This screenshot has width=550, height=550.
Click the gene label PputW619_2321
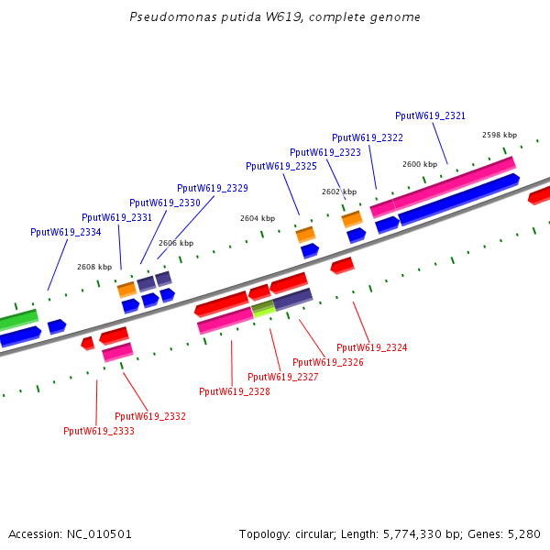click(430, 116)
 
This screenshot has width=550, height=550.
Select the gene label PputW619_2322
click(367, 137)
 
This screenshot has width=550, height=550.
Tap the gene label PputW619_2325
click(280, 167)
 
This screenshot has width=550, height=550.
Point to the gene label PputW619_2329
click(212, 188)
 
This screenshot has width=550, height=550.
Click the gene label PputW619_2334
click(65, 233)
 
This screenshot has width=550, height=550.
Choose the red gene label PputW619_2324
click(371, 348)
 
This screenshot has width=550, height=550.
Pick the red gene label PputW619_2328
click(234, 392)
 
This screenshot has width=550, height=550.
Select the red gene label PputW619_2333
click(98, 431)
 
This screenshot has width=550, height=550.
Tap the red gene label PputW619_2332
click(149, 416)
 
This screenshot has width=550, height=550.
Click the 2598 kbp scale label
click(499, 135)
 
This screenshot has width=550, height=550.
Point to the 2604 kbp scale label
click(257, 219)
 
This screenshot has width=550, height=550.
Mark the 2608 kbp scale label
click(93, 267)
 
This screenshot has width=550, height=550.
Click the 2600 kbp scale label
click(419, 164)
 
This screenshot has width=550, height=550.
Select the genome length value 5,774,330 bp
click(417, 533)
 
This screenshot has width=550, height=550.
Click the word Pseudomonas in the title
click(163, 17)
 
